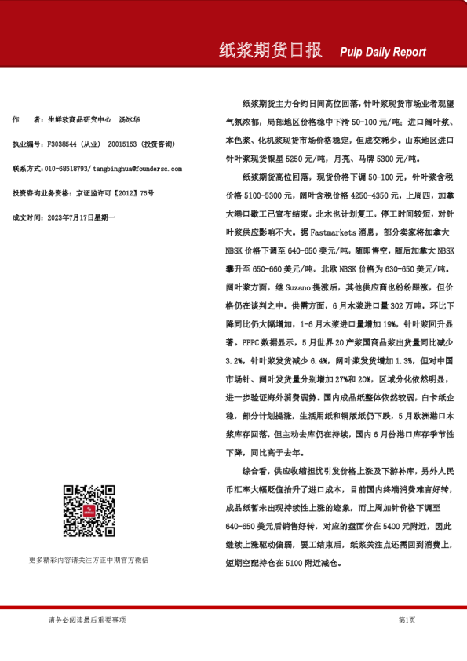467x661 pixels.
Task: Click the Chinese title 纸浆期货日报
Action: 270,51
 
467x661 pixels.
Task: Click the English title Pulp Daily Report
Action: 383,53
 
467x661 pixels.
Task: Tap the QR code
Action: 89,511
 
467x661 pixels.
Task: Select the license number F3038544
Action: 61,144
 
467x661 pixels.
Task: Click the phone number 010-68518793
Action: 67,169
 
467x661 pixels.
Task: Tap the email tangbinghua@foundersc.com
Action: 137,169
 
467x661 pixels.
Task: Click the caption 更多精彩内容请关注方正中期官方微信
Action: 89,560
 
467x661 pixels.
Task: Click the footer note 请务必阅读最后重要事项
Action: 87,619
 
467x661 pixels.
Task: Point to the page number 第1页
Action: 407,619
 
